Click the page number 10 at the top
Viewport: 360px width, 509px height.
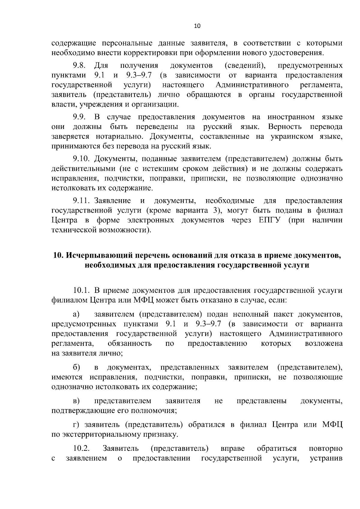coord(197,26)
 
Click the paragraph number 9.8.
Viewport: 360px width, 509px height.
coord(79,65)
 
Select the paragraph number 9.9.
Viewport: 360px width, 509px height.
coord(79,117)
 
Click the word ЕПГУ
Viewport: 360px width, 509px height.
coord(269,220)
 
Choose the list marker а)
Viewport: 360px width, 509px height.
coord(76,314)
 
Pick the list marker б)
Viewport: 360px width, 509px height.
coord(76,367)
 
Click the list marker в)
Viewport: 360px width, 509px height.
coord(76,401)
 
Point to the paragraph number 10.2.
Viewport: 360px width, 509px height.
coord(81,448)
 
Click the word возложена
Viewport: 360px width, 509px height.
coord(323,343)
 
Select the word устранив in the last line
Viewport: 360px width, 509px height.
coord(326,458)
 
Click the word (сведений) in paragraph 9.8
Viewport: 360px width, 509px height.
coord(244,65)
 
